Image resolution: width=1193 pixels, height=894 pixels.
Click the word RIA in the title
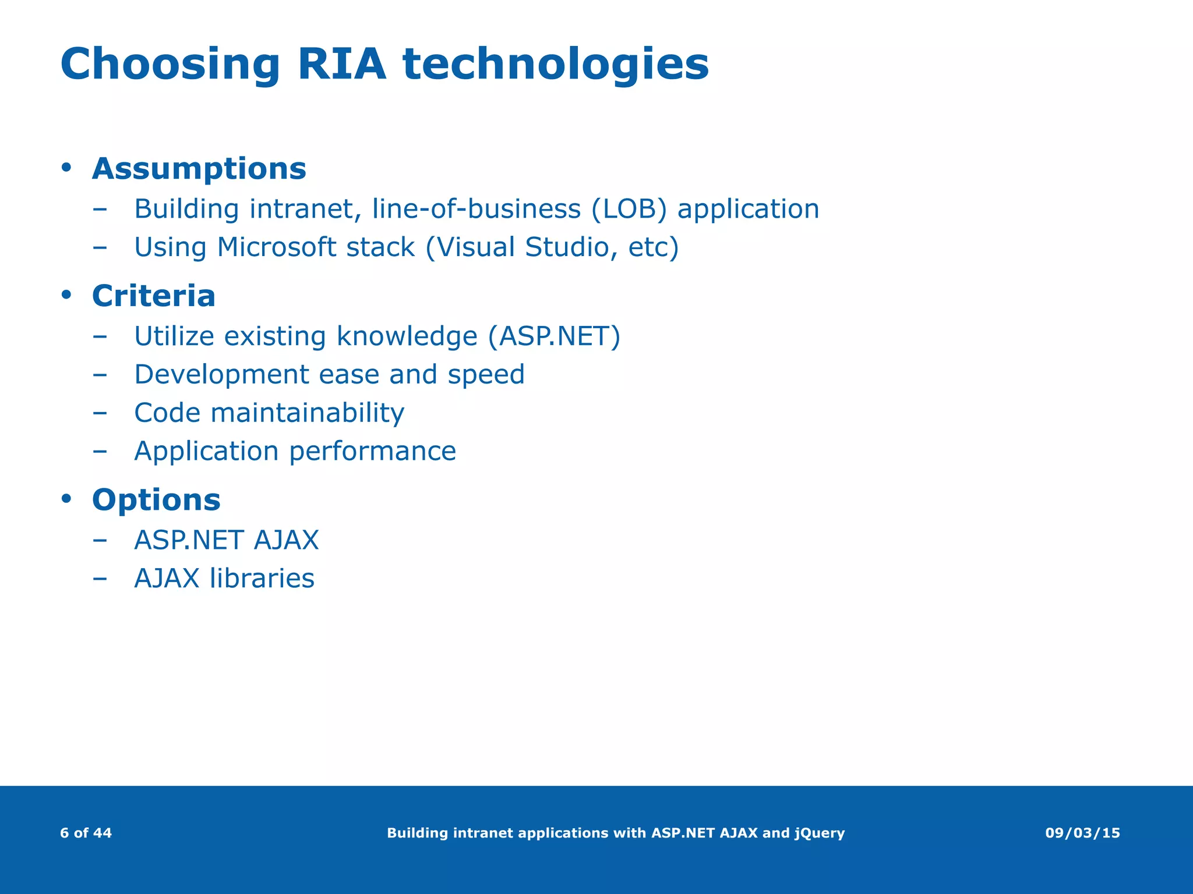(341, 64)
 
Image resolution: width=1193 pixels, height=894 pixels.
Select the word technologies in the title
(556, 65)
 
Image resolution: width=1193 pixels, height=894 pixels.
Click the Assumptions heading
(199, 169)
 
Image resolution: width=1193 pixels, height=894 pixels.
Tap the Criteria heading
(154, 296)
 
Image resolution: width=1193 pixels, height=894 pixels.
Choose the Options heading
(156, 500)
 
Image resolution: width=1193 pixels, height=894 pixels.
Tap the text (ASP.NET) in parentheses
(554, 336)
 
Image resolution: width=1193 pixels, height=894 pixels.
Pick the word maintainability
(307, 413)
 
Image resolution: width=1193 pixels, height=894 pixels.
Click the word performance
(372, 452)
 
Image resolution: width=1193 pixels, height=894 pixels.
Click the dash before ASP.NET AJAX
(100, 540)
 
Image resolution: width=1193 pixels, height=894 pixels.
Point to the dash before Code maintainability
(100, 413)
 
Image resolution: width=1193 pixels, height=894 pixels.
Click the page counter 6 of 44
(86, 833)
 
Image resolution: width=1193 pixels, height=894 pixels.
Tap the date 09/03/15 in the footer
(1082, 833)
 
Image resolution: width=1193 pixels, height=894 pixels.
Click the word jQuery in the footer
(819, 833)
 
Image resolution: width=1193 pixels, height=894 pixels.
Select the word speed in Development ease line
(486, 375)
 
